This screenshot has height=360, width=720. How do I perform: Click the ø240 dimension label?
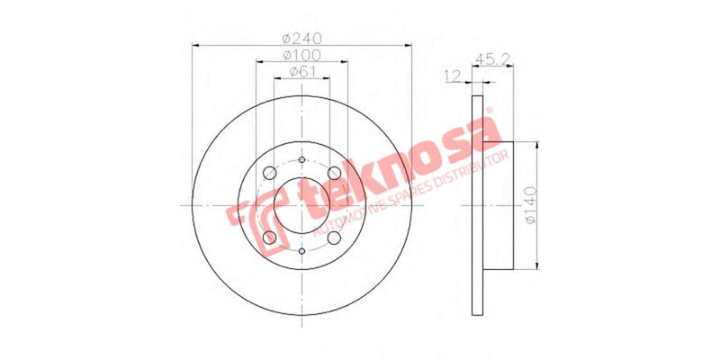pyautogui.click(x=301, y=39)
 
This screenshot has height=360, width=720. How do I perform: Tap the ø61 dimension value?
pyautogui.click(x=301, y=72)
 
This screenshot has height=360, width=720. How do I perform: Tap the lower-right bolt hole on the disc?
pyautogui.click(x=334, y=238)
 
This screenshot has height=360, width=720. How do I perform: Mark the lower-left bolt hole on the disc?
pyautogui.click(x=269, y=238)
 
